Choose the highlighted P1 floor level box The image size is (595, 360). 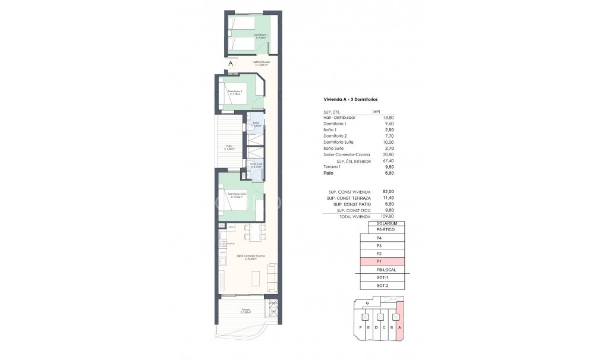(382, 261)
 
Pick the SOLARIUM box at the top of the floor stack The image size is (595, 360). (382, 223)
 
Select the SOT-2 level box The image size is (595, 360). (382, 286)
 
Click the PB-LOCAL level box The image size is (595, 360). (382, 270)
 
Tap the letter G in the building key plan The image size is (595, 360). (368, 303)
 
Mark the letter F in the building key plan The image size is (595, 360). (361, 327)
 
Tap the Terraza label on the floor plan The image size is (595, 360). (245, 310)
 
